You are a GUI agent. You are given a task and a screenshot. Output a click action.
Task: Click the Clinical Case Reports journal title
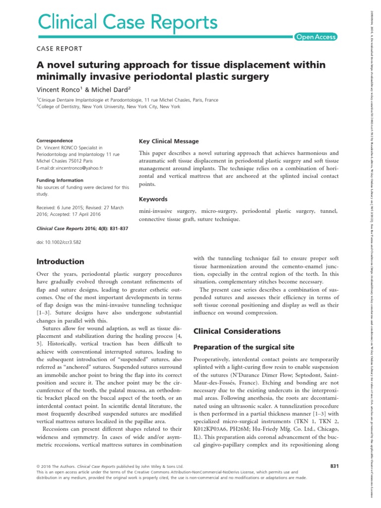click(x=127, y=23)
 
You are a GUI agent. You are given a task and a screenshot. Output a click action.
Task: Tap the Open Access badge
click(x=316, y=37)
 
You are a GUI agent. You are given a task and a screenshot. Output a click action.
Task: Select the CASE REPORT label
click(x=60, y=48)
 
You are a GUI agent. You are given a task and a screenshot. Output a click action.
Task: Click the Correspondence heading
click(x=55, y=141)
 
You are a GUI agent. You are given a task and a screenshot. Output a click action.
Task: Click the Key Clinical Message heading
click(x=169, y=141)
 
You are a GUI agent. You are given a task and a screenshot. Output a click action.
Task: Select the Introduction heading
click(x=61, y=261)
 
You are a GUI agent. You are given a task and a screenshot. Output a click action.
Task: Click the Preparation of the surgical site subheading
click(x=238, y=347)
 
